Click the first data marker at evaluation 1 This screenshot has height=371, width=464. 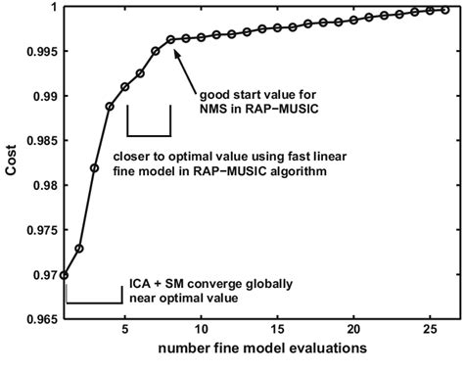(x=64, y=275)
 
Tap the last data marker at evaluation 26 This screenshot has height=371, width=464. (x=445, y=10)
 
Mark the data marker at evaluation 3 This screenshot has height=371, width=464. (x=94, y=167)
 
